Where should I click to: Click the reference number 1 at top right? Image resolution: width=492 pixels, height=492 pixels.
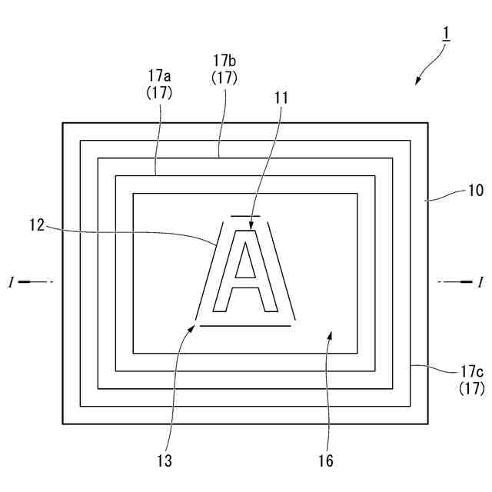point(446,34)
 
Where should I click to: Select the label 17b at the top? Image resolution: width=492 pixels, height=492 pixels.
point(225,59)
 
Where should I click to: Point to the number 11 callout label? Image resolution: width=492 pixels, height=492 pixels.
point(281,98)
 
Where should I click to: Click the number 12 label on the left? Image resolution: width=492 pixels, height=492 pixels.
point(38,225)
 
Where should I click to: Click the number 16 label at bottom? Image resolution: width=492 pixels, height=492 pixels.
point(327,461)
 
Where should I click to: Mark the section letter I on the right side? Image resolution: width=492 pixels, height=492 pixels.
point(480,283)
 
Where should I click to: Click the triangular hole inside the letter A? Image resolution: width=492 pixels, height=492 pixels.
point(245,264)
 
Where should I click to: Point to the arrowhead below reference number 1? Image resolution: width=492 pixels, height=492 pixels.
point(418,81)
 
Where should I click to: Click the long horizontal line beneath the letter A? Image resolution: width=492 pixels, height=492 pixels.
point(246,326)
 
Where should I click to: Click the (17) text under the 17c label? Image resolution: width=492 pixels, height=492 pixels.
point(470,389)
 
